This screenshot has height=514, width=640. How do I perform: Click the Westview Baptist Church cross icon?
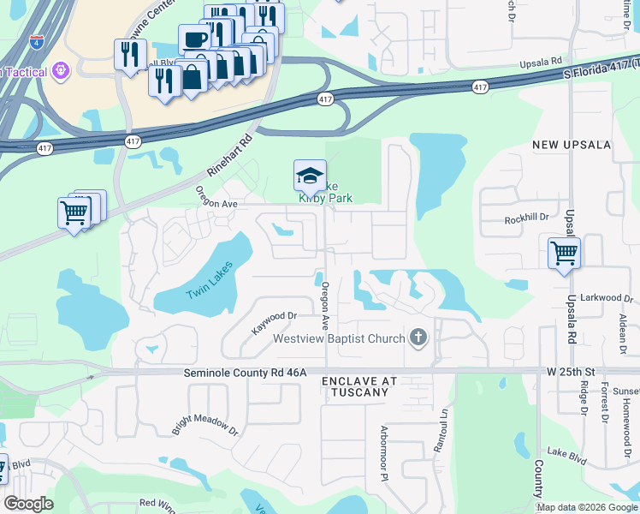[418, 338]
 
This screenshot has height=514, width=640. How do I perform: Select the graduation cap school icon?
[310, 176]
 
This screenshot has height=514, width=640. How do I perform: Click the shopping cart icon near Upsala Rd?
[565, 253]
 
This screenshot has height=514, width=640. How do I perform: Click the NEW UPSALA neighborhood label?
[567, 145]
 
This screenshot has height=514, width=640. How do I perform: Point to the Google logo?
[28, 504]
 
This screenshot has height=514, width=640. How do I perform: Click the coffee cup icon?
[194, 39]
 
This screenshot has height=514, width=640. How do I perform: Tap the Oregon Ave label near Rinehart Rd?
[216, 198]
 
